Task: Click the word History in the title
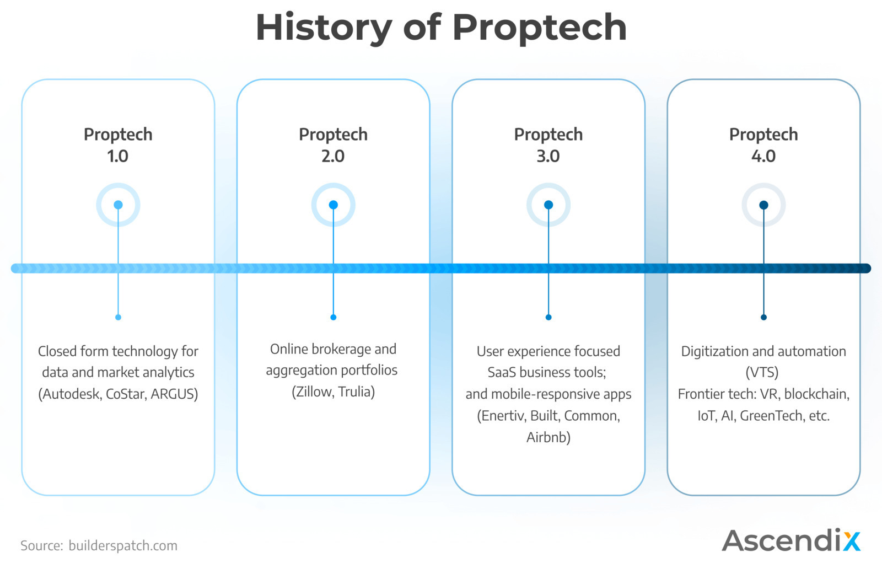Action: (x=324, y=28)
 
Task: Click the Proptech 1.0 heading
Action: (x=118, y=145)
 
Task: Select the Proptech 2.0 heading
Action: (x=333, y=145)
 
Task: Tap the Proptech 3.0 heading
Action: (x=548, y=145)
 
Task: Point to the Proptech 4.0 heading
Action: (x=763, y=145)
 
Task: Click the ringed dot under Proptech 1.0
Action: (x=118, y=205)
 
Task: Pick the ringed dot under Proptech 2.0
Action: (x=334, y=205)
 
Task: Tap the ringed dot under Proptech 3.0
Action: (x=548, y=205)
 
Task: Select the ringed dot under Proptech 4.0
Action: (x=764, y=205)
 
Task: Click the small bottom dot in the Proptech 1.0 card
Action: (x=118, y=317)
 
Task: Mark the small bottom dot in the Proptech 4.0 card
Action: (x=764, y=317)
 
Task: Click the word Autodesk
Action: (x=71, y=394)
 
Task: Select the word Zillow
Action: (x=313, y=392)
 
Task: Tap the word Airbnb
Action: (x=548, y=437)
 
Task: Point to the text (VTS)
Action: (x=762, y=373)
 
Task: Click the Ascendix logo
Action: (x=792, y=540)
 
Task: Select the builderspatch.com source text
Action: (x=123, y=546)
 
